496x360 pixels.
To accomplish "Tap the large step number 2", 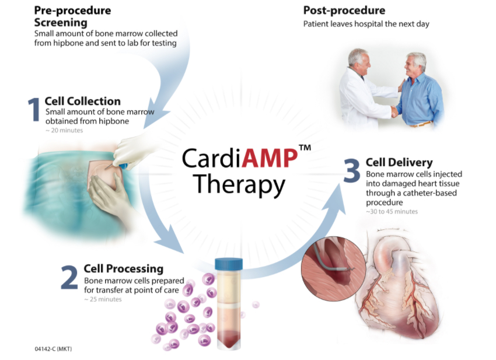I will (x=69, y=278).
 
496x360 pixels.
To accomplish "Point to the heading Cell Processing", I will (x=123, y=268).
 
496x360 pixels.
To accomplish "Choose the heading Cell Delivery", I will (x=399, y=162).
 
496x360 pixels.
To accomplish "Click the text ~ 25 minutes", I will (x=103, y=299).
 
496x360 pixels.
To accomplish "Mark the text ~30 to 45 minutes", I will (x=392, y=211).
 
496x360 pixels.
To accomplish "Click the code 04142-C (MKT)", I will (x=53, y=349).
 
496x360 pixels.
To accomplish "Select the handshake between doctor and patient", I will (x=394, y=111).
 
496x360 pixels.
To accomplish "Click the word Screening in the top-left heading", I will (x=61, y=23).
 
